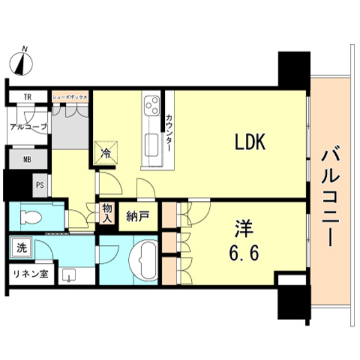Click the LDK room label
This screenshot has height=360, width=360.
point(250,143)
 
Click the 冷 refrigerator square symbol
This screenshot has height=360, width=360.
point(105,151)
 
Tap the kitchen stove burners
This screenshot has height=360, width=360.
point(152,105)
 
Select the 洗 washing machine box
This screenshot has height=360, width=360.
point(21,247)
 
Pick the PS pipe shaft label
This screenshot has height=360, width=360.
point(39,185)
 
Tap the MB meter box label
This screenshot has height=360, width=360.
point(26,159)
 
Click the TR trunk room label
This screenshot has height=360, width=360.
point(27,97)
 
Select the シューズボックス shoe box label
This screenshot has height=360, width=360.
point(70,97)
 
